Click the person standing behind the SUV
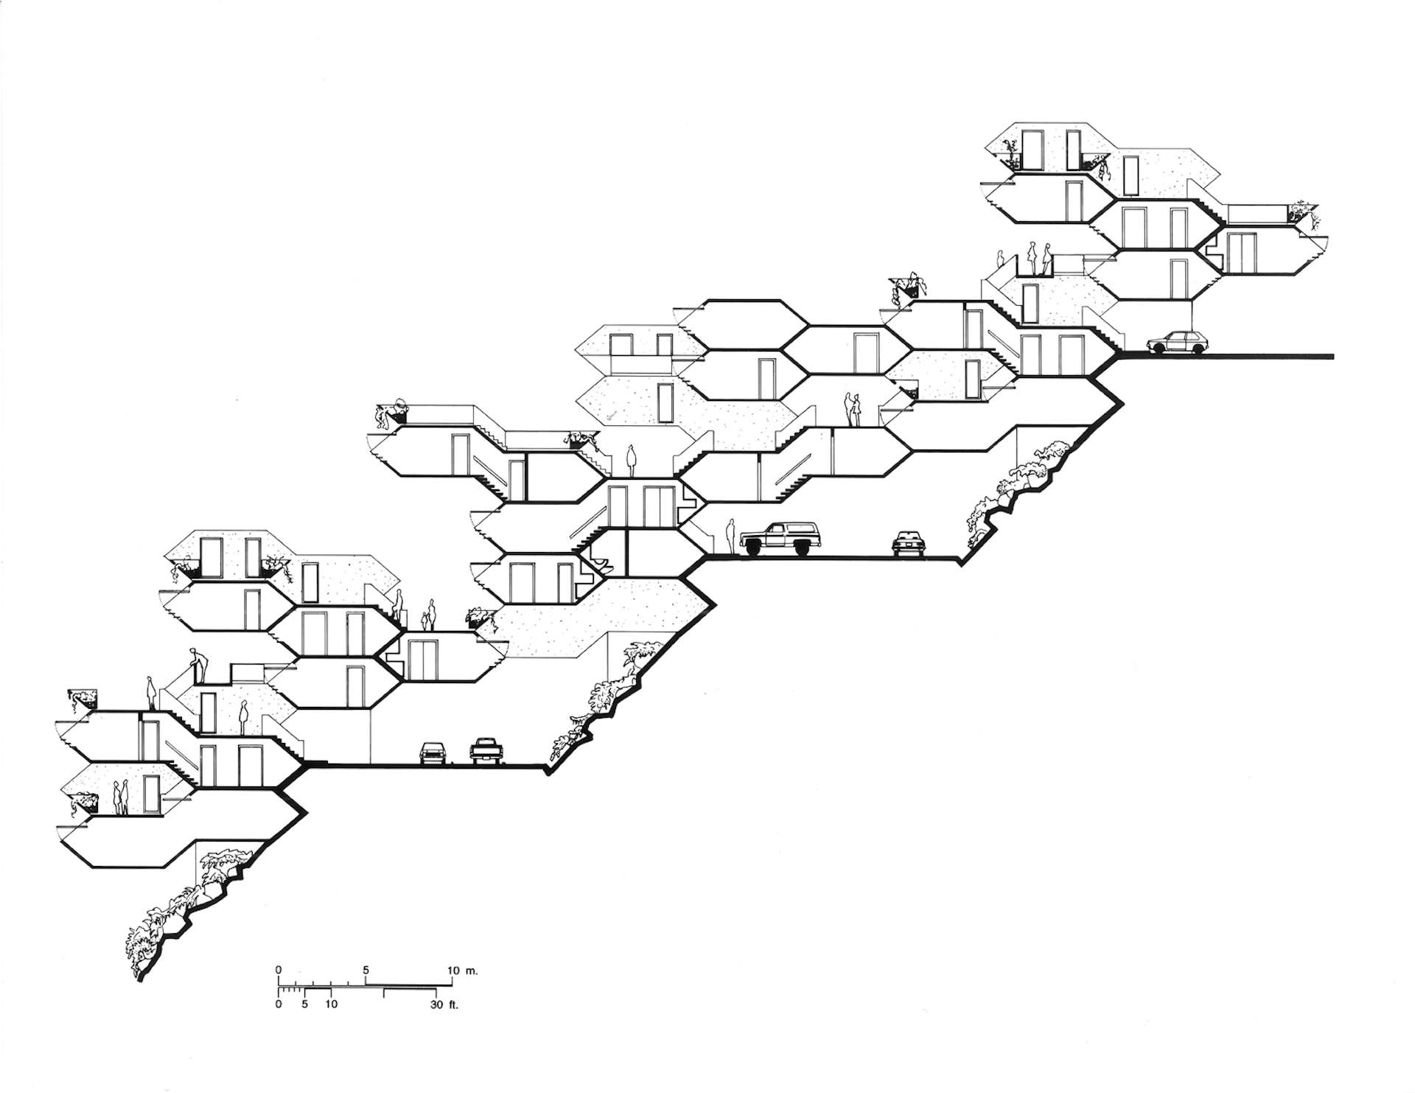(x=730, y=536)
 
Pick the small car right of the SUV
(x=907, y=542)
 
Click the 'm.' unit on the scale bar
(x=472, y=971)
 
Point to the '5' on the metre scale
(x=366, y=970)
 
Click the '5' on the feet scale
(x=304, y=1004)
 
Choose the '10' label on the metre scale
(x=453, y=970)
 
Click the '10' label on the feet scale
(x=331, y=1004)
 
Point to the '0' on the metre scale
(x=279, y=970)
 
